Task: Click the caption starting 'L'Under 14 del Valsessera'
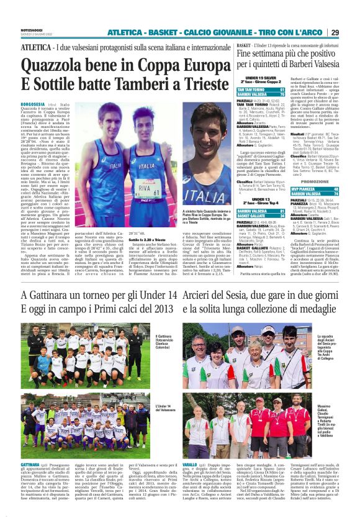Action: point(158,409)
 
